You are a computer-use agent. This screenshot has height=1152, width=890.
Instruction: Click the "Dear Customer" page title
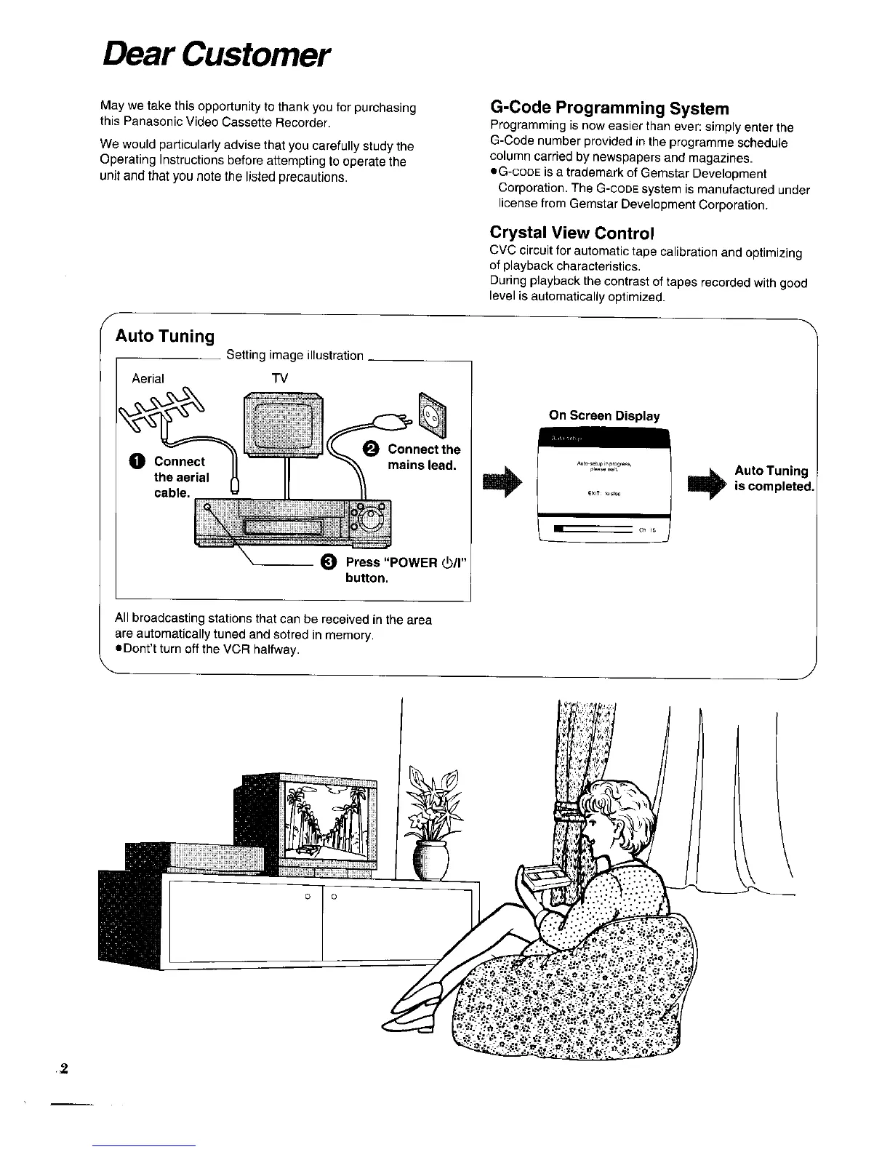(216, 53)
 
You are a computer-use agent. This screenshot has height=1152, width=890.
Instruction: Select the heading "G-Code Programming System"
(609, 108)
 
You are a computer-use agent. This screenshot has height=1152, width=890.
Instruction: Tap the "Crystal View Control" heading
(572, 233)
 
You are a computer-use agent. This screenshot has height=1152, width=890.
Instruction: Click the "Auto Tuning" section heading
(165, 336)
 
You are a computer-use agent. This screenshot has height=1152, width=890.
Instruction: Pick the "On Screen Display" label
(604, 415)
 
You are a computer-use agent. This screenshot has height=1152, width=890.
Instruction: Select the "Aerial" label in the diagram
(148, 378)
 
